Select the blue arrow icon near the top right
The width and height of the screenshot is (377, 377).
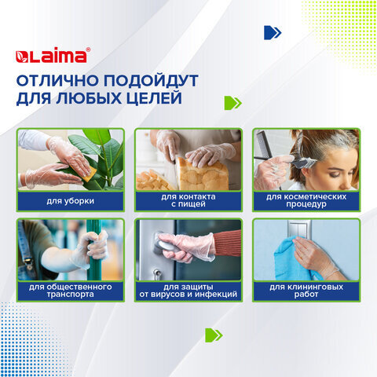[273, 32]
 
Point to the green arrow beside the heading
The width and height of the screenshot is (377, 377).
[232, 103]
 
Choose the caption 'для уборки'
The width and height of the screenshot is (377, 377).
[71, 202]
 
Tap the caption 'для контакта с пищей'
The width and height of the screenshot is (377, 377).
[188, 202]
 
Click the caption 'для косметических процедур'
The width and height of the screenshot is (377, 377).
[306, 202]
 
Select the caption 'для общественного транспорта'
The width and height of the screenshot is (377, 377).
[71, 291]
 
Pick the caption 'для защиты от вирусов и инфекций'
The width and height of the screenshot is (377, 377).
[188, 291]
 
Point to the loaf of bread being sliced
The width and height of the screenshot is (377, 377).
[199, 173]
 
